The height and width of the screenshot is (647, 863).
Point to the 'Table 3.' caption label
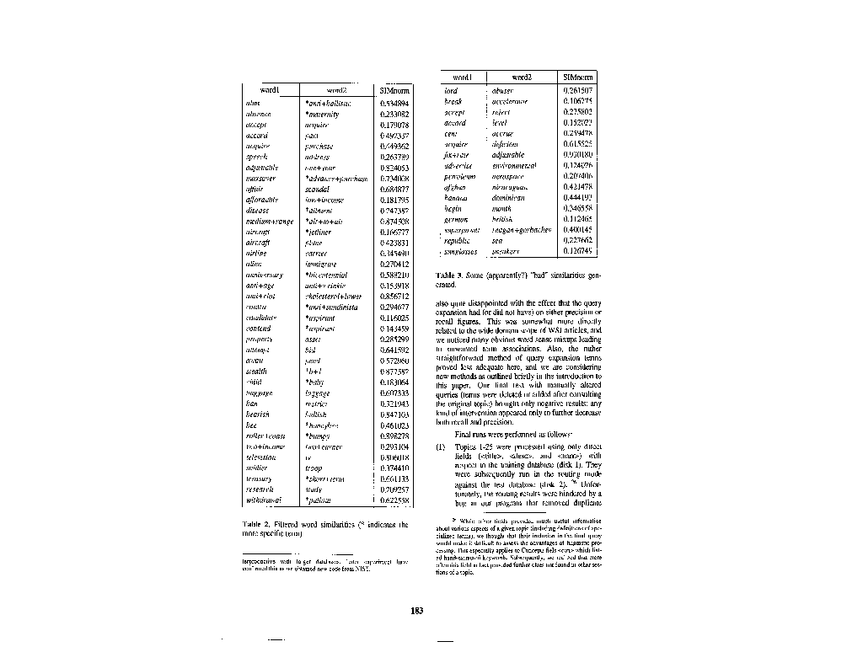[x=449, y=275]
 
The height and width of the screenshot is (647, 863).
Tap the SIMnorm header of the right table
[x=578, y=78]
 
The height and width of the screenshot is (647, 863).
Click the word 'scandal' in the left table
[x=317, y=189]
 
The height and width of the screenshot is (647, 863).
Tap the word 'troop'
[x=314, y=468]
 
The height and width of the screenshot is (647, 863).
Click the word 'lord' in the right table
[x=451, y=90]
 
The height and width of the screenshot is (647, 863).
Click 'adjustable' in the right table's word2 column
[x=510, y=154]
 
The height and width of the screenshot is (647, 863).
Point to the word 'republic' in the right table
[x=460, y=240]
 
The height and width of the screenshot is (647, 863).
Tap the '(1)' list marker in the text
[x=441, y=447]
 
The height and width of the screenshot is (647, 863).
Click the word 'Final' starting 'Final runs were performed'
[x=464, y=434]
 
